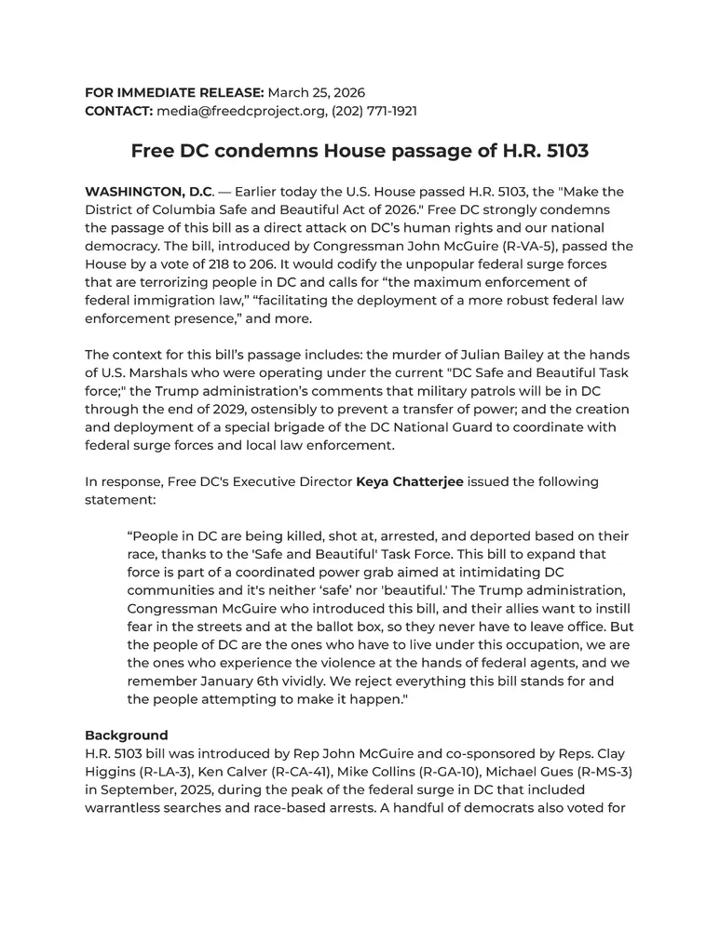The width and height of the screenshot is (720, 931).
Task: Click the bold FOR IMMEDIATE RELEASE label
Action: [x=174, y=93]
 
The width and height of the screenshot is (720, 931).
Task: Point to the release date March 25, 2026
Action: [x=317, y=93]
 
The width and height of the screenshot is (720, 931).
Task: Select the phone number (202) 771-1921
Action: [x=372, y=111]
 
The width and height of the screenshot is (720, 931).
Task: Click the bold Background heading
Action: [x=127, y=735]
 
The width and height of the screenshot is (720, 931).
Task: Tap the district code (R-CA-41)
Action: [x=308, y=771]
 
